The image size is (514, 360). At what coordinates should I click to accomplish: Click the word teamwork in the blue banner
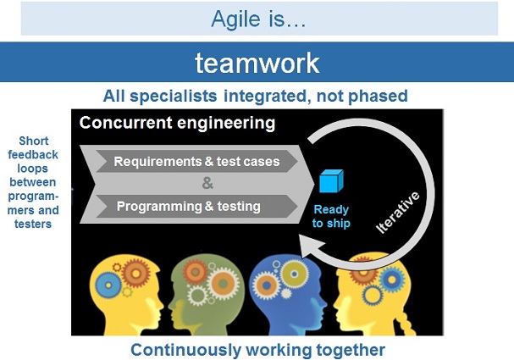coord(257,62)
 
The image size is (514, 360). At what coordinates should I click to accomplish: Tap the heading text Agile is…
coord(257,19)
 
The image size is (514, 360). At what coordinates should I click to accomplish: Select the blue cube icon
coord(330,181)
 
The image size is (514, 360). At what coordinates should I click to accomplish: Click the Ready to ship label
coord(330,217)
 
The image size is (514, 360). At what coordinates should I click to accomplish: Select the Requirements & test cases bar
coord(196,161)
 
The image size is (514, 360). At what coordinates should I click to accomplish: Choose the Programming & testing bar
coord(188,206)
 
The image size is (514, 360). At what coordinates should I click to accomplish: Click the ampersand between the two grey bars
coord(207,184)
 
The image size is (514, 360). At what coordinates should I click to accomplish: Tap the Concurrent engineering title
coord(177,124)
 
